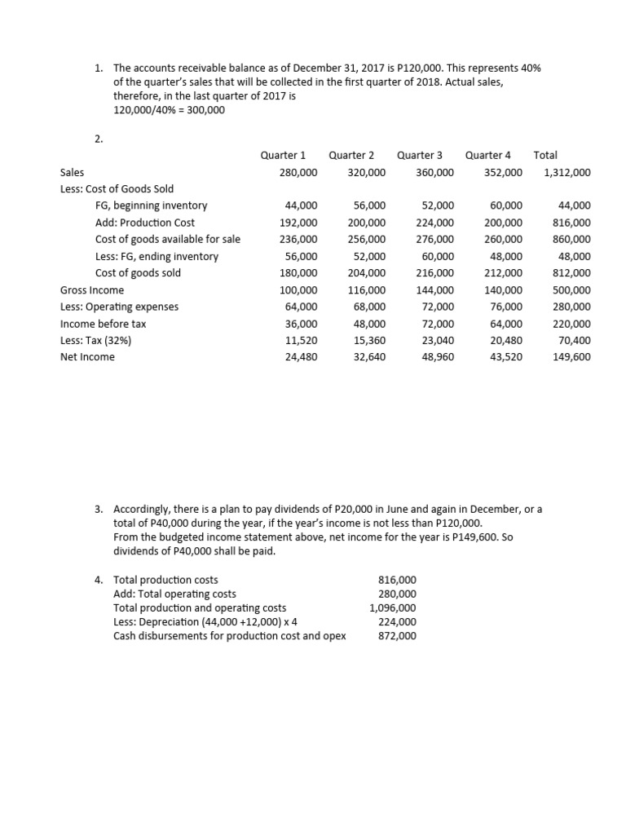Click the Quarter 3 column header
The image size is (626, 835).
click(x=420, y=155)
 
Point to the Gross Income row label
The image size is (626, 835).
click(x=92, y=290)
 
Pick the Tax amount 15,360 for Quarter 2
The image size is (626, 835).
click(x=369, y=341)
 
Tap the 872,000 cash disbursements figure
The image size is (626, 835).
click(x=397, y=635)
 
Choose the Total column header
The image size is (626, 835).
click(x=545, y=155)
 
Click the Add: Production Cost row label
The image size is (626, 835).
click(x=145, y=223)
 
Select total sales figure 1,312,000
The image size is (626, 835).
click(x=567, y=173)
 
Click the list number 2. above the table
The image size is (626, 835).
click(x=99, y=139)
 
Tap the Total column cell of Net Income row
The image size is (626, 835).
click(x=572, y=357)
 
